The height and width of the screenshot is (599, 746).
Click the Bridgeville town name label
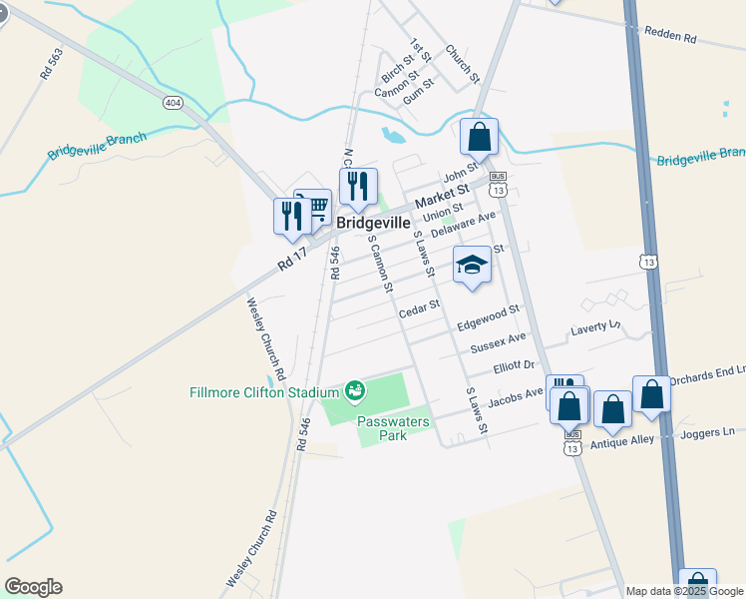374,224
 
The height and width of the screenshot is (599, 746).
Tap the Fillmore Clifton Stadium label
263,392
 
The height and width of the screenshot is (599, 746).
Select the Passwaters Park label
393,428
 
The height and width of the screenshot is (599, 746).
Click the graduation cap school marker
472,265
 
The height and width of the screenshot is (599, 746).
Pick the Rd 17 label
294,261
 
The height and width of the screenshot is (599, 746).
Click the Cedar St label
419,310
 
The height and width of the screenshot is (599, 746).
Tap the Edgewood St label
489,317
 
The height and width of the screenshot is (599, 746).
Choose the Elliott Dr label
515,367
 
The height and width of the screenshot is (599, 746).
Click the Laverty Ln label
595,328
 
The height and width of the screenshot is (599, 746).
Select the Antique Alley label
622,441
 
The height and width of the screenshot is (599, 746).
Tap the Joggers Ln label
708,432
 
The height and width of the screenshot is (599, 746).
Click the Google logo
33,587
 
